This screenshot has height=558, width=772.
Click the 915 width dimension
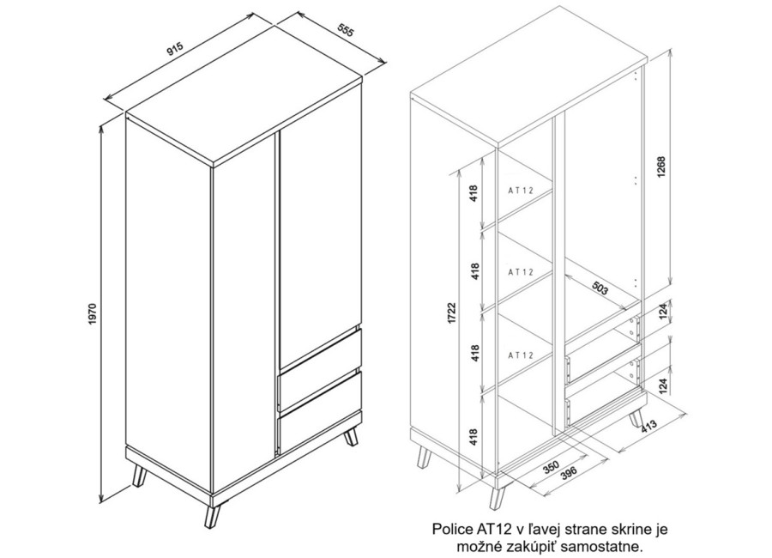point(175,49)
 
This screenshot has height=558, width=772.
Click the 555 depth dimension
point(346,30)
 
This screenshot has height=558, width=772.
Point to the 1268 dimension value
point(661,167)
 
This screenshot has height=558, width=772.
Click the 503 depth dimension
point(600,289)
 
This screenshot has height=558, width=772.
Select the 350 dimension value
point(552,466)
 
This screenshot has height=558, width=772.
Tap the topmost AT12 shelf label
point(521,191)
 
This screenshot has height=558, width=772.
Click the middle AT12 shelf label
point(521,271)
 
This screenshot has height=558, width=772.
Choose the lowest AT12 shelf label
point(521,355)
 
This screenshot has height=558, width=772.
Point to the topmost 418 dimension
point(474,193)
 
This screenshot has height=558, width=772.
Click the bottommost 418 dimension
point(474,437)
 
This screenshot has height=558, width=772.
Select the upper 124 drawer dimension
point(663,312)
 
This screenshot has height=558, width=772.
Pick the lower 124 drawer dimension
point(663,386)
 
